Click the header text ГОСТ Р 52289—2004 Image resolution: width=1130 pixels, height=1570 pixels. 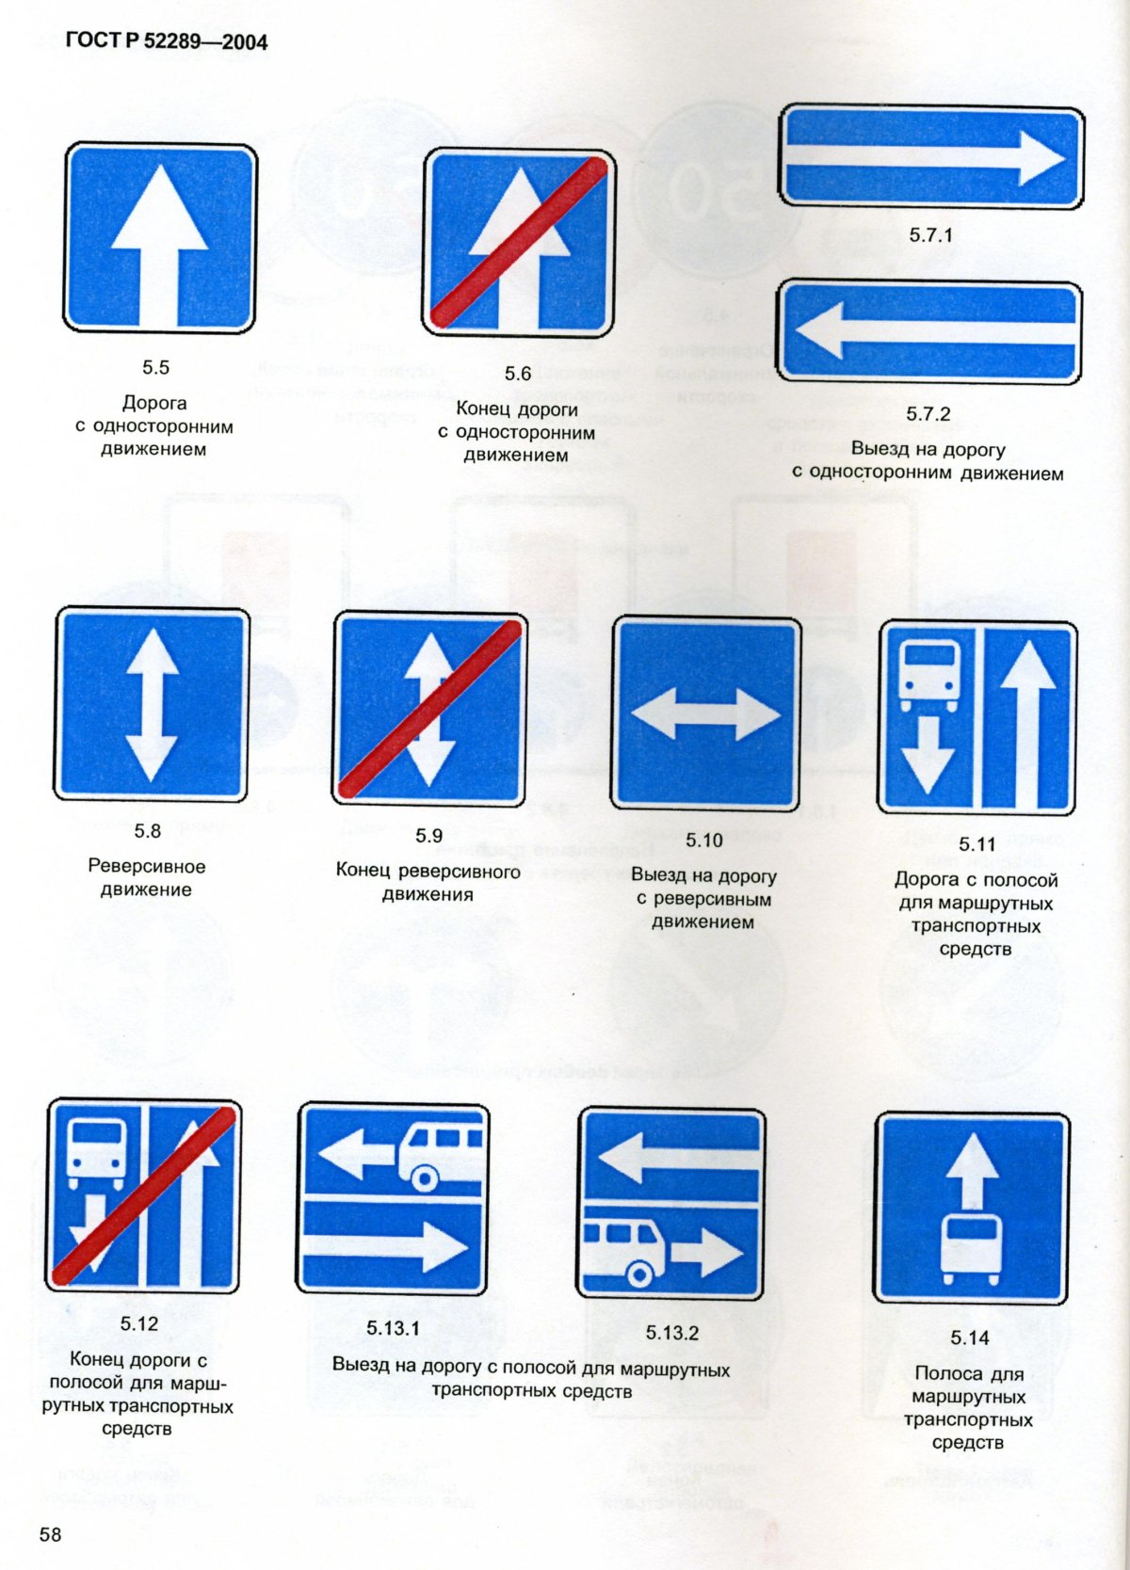167,42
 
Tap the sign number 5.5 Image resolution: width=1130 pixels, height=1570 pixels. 155,367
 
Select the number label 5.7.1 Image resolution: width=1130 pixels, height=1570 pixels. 931,234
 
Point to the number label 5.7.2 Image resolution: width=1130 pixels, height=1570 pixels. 928,413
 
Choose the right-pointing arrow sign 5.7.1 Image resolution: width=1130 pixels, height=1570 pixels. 931,156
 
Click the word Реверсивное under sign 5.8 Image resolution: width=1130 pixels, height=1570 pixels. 147,866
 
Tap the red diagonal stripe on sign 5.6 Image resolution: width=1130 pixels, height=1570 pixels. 518,243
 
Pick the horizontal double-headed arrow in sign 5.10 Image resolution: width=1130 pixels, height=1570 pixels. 706,714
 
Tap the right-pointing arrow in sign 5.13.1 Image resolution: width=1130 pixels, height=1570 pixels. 386,1248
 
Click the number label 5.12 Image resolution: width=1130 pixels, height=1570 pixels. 138,1324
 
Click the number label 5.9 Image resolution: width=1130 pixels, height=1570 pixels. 428,836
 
